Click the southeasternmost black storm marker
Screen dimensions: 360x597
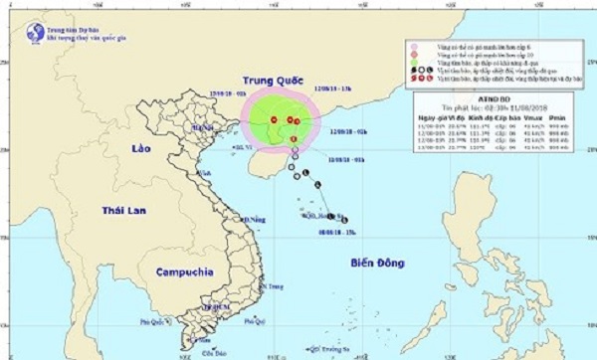[x=343, y=219]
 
